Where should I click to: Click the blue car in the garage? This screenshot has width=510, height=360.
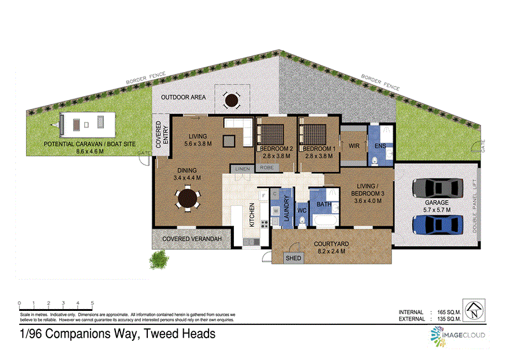point(438,224)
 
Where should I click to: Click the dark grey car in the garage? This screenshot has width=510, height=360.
point(438,189)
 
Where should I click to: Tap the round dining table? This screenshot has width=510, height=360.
point(187,198)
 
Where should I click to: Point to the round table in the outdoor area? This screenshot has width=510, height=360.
point(230,99)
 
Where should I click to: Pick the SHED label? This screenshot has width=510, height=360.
point(293,258)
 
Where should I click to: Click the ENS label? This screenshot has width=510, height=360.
point(381,146)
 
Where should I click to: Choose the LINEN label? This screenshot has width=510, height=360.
point(242,168)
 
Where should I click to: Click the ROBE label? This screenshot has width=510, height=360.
point(267,168)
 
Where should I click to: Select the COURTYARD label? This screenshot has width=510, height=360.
point(330,243)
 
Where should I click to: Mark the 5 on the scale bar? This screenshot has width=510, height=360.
point(92,303)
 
